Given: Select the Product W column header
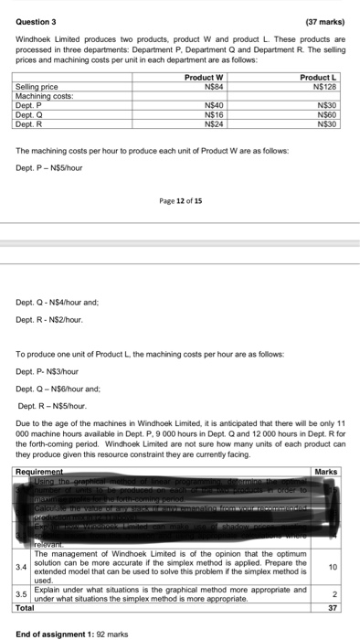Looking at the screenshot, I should (x=205, y=80).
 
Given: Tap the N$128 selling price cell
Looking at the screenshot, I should (x=325, y=88).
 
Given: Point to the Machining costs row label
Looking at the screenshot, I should (x=42, y=96).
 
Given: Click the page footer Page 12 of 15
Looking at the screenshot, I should (x=179, y=200).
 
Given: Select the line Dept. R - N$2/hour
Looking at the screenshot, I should (x=51, y=319).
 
